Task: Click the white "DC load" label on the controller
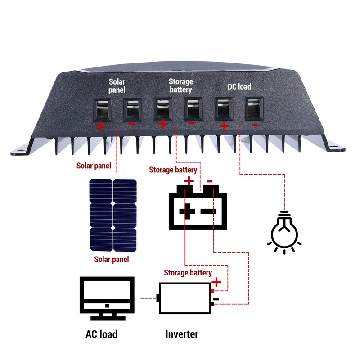click(238, 86)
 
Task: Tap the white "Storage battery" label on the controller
click(180, 85)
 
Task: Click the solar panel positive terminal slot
click(101, 109)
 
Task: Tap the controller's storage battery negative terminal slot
click(192, 109)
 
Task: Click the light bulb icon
click(284, 232)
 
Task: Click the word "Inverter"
click(182, 334)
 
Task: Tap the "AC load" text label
click(101, 334)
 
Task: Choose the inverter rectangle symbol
click(185, 298)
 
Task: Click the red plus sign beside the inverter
click(217, 283)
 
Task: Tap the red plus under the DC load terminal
click(225, 126)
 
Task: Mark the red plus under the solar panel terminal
click(101, 126)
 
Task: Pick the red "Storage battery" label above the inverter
click(188, 273)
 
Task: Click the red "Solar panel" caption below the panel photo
click(111, 259)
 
